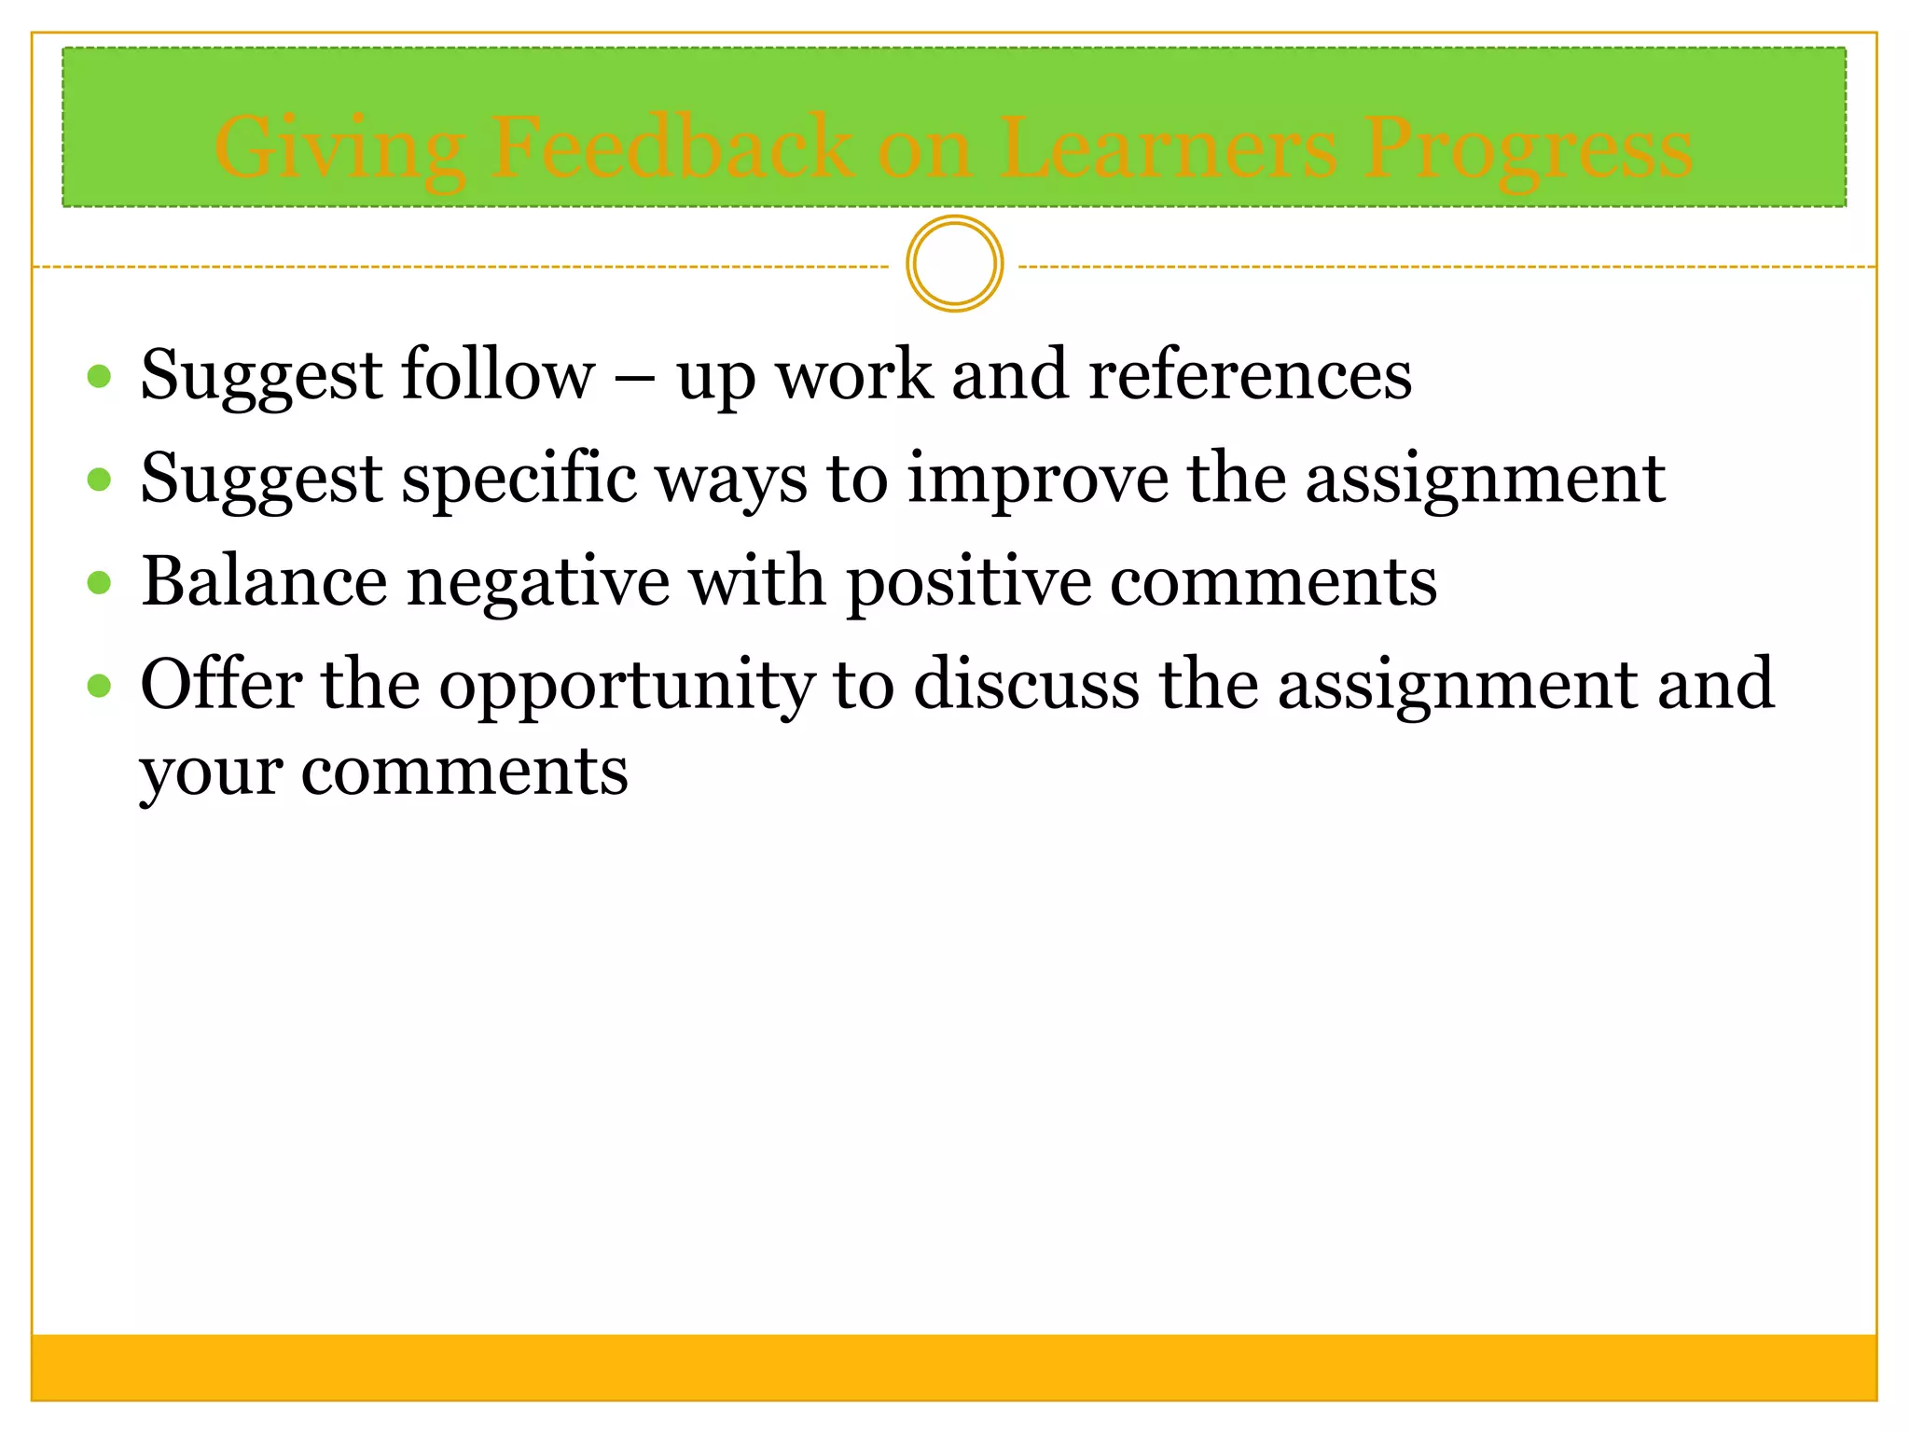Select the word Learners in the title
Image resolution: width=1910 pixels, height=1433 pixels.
point(1169,147)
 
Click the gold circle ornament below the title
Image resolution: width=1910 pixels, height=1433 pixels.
point(954,264)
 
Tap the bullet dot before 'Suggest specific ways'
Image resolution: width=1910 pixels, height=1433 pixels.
point(99,480)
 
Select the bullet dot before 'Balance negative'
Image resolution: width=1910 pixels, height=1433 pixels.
point(99,583)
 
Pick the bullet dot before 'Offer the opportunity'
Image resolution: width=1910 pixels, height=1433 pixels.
point(99,687)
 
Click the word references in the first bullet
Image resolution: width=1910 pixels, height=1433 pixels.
point(1250,375)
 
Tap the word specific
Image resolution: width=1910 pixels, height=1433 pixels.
point(519,479)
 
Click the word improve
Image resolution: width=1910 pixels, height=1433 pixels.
point(1037,479)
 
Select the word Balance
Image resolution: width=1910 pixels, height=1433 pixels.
point(264,581)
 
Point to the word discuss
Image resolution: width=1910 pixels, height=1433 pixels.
point(1026,685)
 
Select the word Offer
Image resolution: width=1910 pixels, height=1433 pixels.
point(221,685)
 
